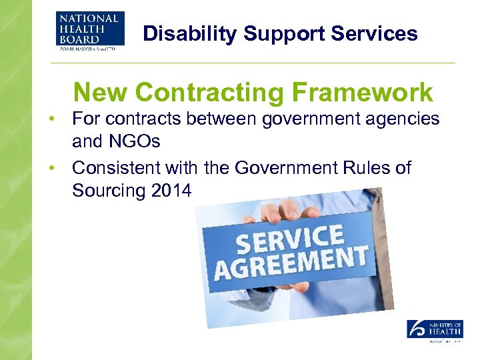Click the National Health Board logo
pos(88,32)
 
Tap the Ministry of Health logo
pos(435,330)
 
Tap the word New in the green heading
pos(99,93)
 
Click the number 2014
pos(171,191)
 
